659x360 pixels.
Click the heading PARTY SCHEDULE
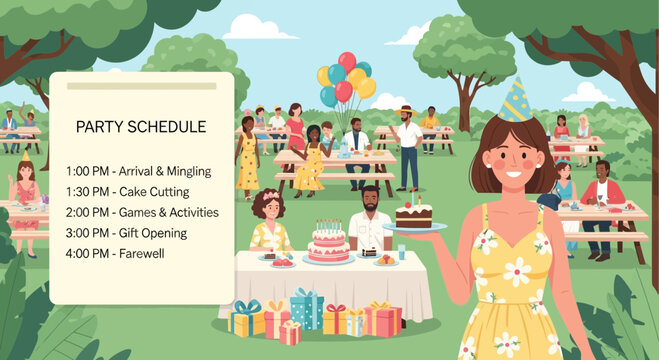coord(141,127)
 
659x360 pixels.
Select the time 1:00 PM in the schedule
coord(86,171)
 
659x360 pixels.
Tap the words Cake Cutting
coord(153,191)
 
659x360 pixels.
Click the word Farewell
coord(140,253)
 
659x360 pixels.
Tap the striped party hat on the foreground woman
coord(515,101)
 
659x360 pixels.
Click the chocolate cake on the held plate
coord(413,214)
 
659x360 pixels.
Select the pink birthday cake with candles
coord(328,243)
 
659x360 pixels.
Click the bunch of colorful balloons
coord(346,78)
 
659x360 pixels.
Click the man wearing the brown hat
coord(407,140)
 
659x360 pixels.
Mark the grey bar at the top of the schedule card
coord(141,86)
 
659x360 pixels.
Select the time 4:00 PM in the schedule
coord(86,253)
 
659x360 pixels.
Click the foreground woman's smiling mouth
coord(513,174)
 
